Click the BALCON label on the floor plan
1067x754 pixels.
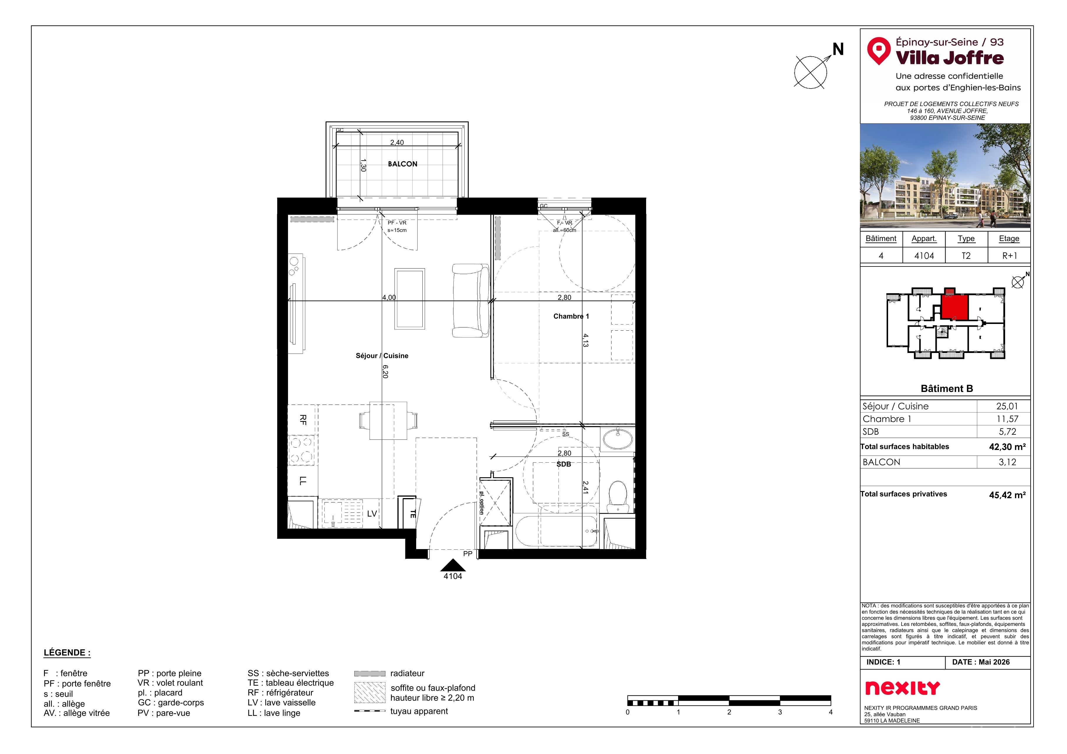pos(402,164)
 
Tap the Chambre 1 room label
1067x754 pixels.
pos(571,316)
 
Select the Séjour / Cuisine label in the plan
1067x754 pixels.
pos(382,356)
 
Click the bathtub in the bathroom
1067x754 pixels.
pos(556,531)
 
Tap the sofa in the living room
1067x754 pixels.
pos(471,300)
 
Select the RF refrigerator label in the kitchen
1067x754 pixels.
pos(303,420)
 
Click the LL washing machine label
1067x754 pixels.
pos(303,481)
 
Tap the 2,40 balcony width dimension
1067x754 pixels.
pos(397,143)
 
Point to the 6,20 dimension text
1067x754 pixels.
pos(385,371)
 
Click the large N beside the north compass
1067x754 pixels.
pos(838,49)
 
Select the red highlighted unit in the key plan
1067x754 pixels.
pos(955,307)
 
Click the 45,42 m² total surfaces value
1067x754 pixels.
pos(1007,495)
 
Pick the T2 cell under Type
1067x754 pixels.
pos(966,256)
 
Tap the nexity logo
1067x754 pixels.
pos(902,688)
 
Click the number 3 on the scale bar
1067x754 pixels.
pos(780,712)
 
